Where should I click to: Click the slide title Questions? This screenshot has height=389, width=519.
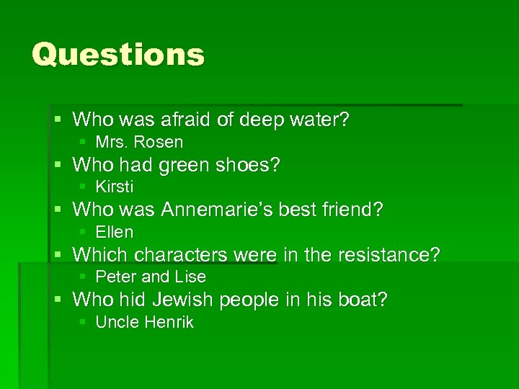(118, 54)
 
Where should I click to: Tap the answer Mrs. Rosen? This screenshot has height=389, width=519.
(139, 142)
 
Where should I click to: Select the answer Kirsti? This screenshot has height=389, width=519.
(115, 187)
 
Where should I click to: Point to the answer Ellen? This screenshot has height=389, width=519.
(115, 232)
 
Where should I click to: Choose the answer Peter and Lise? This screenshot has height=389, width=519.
(151, 277)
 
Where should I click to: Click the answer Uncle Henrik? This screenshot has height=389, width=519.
(144, 322)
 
